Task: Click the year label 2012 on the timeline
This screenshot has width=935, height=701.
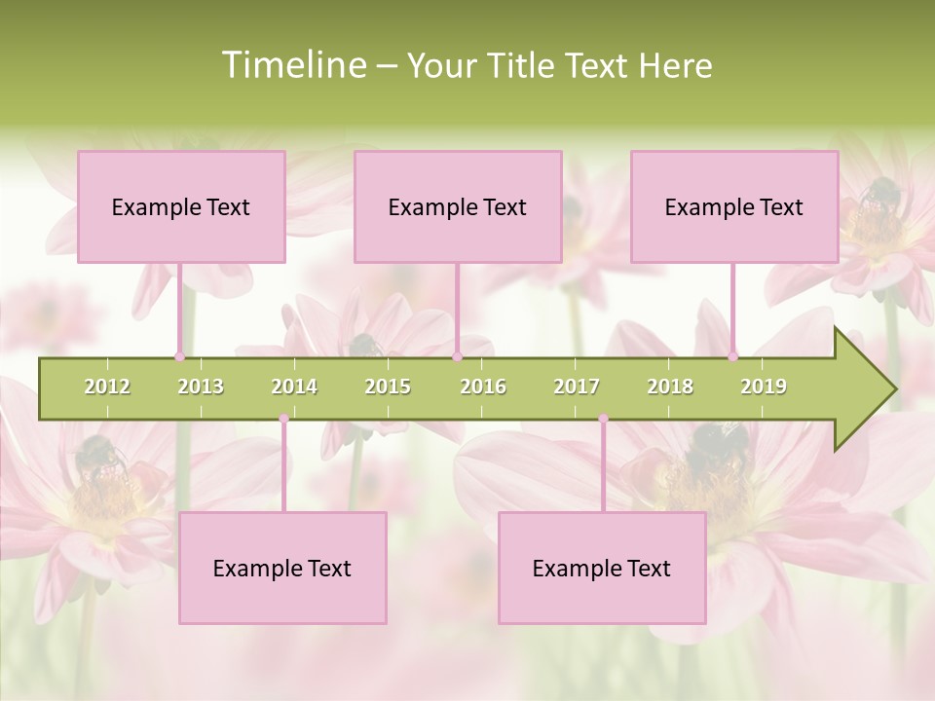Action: click(x=107, y=387)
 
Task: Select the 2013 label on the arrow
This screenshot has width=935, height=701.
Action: click(x=201, y=387)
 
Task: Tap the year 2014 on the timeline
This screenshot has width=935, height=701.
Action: click(x=294, y=387)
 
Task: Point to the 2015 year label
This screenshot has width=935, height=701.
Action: click(x=388, y=387)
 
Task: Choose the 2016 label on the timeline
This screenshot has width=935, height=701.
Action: click(x=483, y=387)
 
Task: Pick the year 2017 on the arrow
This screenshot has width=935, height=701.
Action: click(x=577, y=387)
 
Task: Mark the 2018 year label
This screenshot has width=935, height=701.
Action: click(x=670, y=387)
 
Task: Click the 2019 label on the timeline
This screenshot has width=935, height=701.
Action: click(x=764, y=387)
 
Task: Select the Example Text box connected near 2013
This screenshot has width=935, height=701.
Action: click(x=181, y=206)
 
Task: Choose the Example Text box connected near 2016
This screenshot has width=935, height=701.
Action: click(x=458, y=206)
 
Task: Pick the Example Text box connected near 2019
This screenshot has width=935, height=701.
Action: click(x=734, y=206)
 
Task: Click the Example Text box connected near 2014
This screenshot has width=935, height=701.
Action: click(x=282, y=568)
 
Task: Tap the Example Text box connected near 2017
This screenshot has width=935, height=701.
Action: click(x=602, y=568)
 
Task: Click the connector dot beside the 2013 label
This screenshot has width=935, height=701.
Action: click(x=179, y=356)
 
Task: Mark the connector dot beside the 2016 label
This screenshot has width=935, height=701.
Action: click(x=457, y=356)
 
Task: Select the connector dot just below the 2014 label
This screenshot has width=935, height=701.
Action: click(x=283, y=419)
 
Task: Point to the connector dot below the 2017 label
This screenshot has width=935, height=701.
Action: click(x=603, y=419)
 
